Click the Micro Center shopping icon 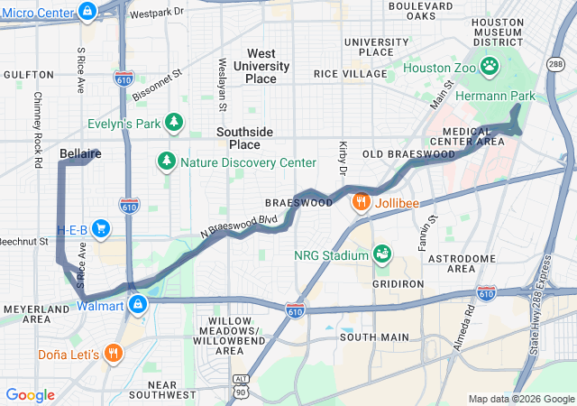coord(87,12)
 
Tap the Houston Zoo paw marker coord(490,67)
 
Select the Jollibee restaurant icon coord(362,202)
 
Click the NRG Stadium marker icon coord(382,254)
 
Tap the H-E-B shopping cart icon coord(101,228)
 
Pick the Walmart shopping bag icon coord(137,305)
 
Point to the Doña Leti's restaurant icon coord(113,353)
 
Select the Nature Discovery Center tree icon coord(167,162)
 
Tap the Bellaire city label coord(79,154)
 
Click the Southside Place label coord(243,138)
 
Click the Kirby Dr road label coord(343,158)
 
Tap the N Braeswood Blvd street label coord(238,226)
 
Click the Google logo coord(31,395)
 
